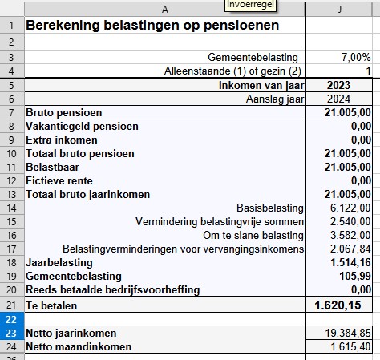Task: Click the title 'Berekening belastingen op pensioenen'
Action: (x=152, y=25)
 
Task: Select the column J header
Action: (x=340, y=9)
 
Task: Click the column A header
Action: (x=164, y=9)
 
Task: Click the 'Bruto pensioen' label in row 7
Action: (x=64, y=112)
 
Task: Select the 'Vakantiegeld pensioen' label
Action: (x=82, y=126)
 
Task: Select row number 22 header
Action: (x=11, y=318)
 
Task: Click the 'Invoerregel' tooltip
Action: (x=249, y=5)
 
